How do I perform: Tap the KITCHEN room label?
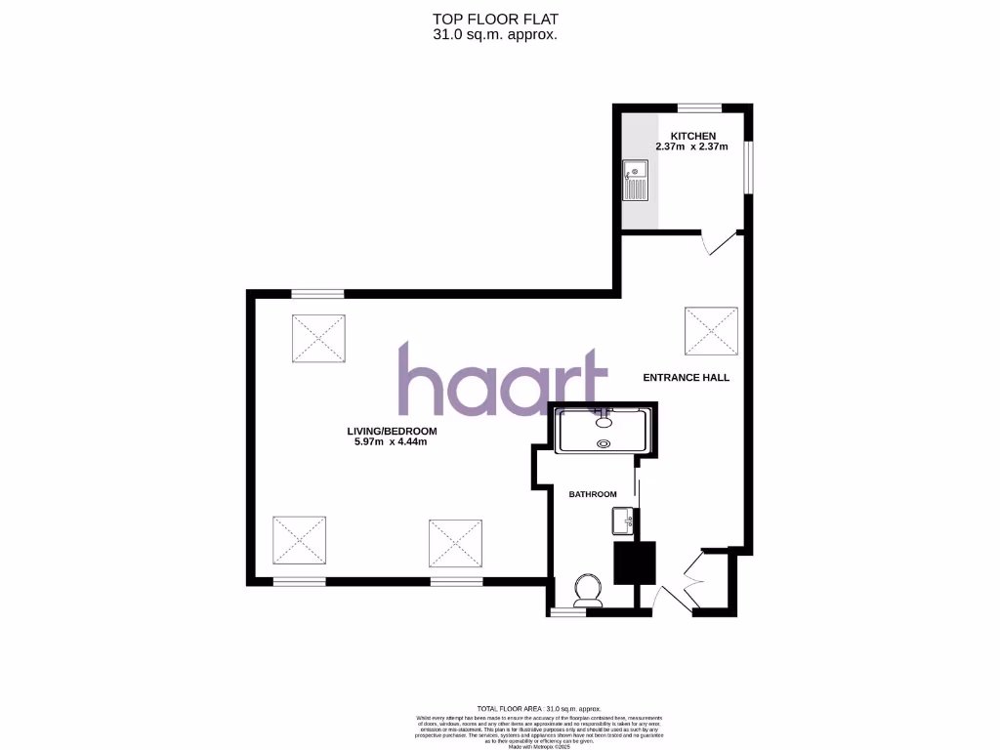click(692, 136)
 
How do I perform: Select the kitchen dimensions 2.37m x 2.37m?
click(692, 146)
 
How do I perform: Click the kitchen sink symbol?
click(636, 181)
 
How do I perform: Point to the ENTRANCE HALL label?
click(686, 377)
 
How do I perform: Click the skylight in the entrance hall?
click(711, 331)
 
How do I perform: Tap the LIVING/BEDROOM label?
click(392, 431)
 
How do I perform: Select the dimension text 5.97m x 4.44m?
click(392, 442)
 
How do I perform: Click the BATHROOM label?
click(593, 494)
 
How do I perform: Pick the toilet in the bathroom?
click(588, 591)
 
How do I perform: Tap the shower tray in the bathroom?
click(602, 431)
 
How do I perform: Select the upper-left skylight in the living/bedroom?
click(318, 339)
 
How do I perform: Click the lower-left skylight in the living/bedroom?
click(299, 541)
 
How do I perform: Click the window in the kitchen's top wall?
click(699, 107)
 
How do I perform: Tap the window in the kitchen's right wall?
click(749, 167)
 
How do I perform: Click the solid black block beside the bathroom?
click(633, 562)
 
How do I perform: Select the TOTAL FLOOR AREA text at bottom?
click(538, 708)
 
